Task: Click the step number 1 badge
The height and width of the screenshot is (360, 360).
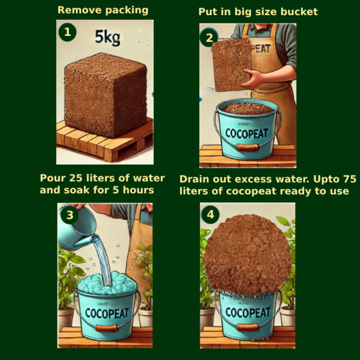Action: [67, 32]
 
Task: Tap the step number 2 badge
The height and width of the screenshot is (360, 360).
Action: [208, 38]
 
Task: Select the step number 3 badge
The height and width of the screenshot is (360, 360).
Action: [70, 215]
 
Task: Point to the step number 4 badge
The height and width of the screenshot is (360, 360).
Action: [211, 215]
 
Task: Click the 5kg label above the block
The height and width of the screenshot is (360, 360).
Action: [107, 37]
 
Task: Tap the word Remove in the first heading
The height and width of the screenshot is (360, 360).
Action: [79, 10]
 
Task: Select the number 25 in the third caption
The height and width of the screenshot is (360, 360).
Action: [76, 178]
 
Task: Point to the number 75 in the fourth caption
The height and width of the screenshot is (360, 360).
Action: [350, 179]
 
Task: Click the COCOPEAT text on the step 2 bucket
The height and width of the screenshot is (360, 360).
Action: [247, 133]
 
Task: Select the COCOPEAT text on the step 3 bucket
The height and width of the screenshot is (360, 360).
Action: [107, 313]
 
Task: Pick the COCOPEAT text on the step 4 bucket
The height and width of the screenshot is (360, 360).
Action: [248, 313]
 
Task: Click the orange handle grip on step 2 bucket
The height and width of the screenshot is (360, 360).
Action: [247, 147]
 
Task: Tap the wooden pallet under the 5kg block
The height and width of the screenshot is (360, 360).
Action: [104, 141]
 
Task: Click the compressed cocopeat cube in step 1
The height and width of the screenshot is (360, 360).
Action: [106, 95]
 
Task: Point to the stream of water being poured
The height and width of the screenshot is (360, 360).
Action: [103, 260]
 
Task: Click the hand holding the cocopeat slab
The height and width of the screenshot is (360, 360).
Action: [254, 79]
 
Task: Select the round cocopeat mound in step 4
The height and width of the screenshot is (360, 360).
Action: [247, 254]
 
